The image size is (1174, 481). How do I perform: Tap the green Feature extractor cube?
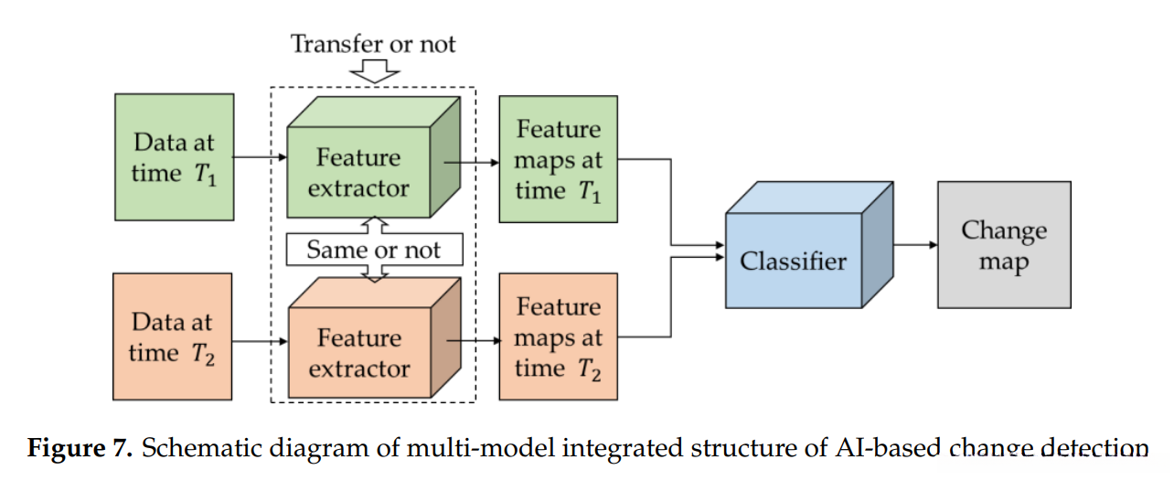click(x=358, y=172)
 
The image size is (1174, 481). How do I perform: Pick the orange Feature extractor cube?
click(x=358, y=353)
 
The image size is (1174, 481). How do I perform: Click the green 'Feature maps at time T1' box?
click(x=558, y=159)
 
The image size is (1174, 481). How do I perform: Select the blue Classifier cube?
click(x=794, y=261)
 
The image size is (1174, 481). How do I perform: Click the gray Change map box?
click(x=1003, y=245)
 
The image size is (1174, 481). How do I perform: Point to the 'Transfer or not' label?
click(x=373, y=43)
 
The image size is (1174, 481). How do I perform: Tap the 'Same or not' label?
click(x=373, y=250)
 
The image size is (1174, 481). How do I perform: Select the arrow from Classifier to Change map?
click(x=914, y=245)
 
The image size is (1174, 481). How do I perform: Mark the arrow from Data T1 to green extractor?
click(x=260, y=158)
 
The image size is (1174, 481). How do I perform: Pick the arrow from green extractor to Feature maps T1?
click(x=472, y=162)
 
